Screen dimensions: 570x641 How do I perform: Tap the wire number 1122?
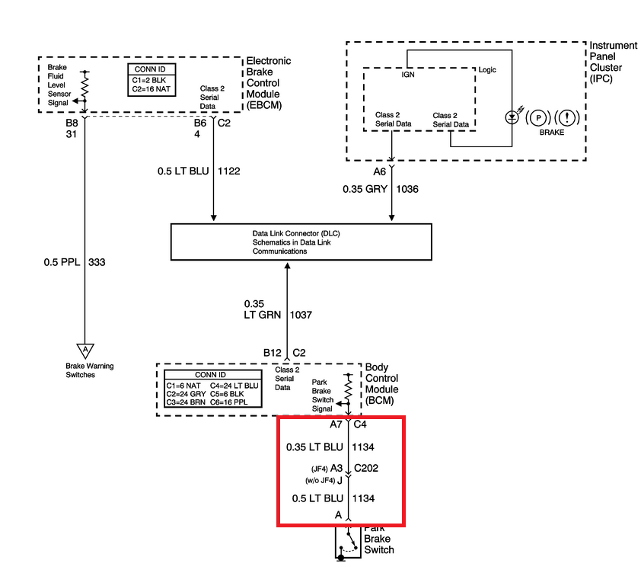229,171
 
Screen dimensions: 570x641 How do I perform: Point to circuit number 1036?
408,188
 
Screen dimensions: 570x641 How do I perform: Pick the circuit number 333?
97,263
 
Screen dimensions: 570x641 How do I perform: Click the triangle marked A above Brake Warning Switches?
85,350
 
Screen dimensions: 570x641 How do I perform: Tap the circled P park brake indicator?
538,118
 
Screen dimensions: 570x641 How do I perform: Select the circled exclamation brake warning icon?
567,118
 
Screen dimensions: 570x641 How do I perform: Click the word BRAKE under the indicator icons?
553,133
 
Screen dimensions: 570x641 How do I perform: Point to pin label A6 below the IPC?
380,172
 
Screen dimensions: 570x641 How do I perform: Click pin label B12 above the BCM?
273,353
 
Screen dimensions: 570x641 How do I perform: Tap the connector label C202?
367,469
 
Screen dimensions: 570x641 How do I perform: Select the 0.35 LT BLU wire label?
314,447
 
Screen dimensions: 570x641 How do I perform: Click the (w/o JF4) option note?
320,480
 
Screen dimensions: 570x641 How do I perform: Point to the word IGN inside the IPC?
408,75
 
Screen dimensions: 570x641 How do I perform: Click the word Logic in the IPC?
487,70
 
